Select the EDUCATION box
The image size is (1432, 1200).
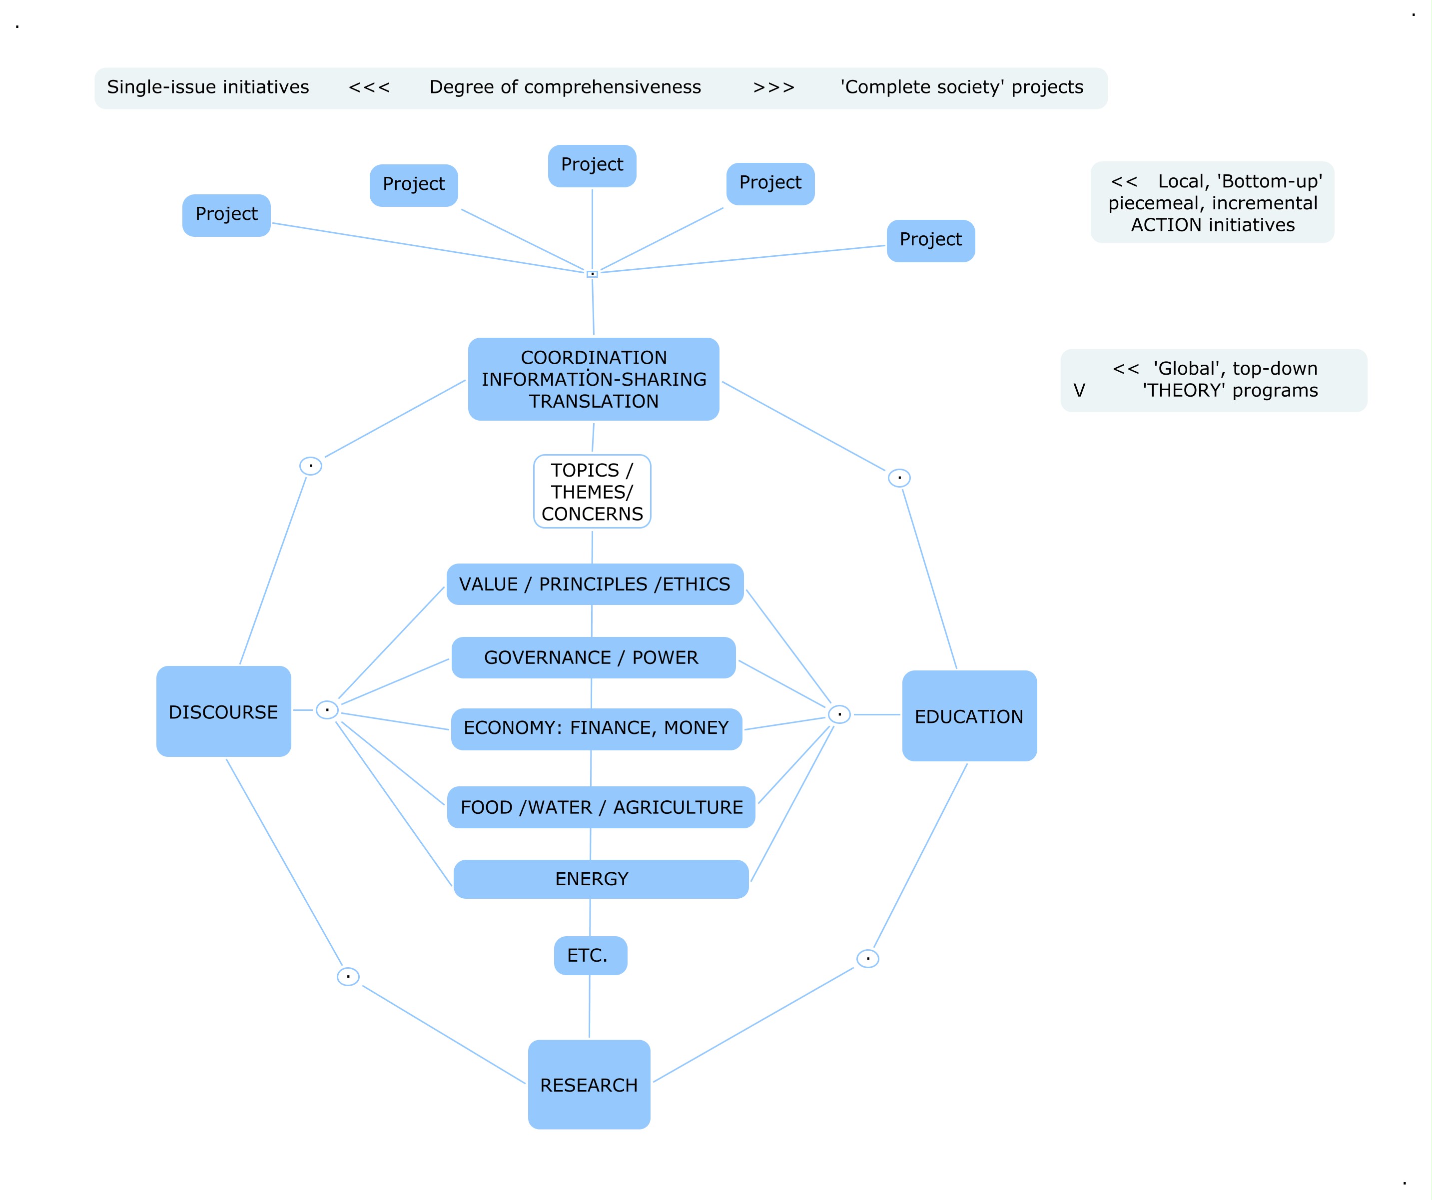969,716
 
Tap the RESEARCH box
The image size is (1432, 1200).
589,1084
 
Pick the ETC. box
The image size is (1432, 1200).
590,955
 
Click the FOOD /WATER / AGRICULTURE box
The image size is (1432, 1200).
601,807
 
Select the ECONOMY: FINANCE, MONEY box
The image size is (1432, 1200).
596,728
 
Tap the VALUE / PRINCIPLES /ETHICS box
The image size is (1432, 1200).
595,585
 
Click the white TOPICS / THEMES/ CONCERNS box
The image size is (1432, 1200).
592,492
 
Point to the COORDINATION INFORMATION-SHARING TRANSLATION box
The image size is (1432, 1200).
593,379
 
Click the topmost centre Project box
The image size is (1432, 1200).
592,165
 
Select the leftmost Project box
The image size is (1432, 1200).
226,215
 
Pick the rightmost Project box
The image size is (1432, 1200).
930,240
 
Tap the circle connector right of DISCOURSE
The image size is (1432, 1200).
327,710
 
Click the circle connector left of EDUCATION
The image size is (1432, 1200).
839,714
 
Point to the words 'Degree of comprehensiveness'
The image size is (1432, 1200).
565,87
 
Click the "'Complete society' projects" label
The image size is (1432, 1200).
961,87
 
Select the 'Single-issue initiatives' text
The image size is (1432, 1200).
208,87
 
